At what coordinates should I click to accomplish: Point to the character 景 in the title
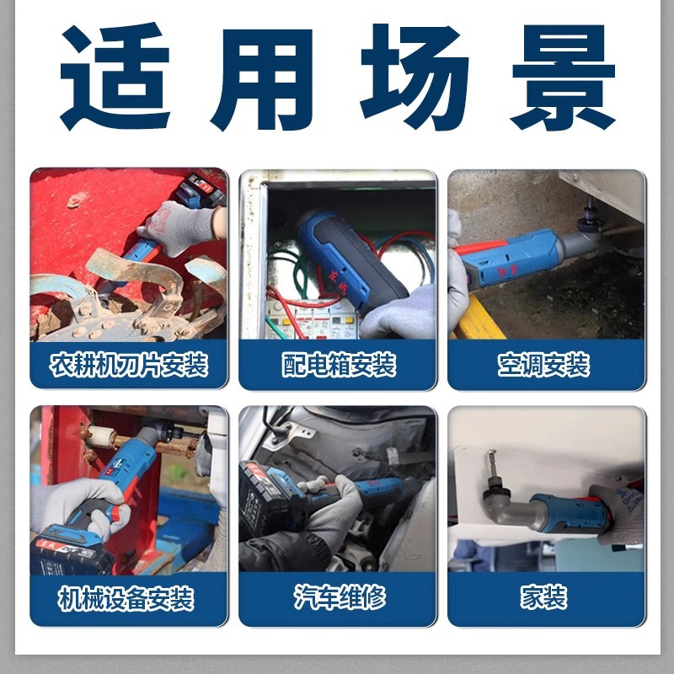[x=563, y=78]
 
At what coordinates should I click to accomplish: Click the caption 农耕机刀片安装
[x=128, y=366]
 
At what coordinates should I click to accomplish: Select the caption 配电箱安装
[x=337, y=366]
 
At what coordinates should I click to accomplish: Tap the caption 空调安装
[x=545, y=366]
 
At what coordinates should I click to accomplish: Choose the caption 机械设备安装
[x=128, y=600]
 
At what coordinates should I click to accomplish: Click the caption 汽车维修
[x=337, y=600]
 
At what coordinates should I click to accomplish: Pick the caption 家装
[x=545, y=600]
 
